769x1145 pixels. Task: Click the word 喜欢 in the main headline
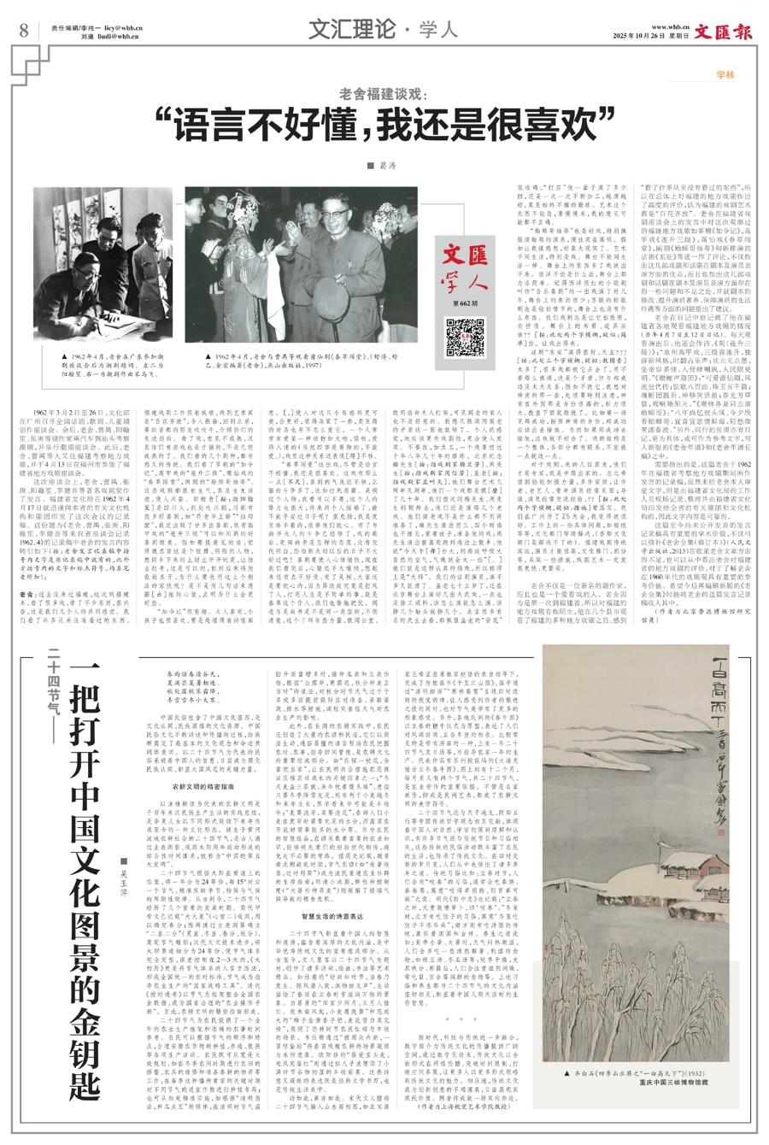point(564,126)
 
